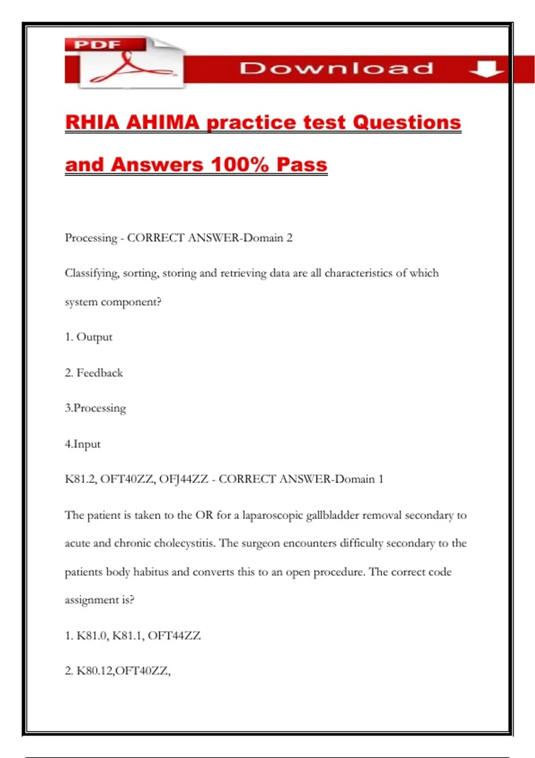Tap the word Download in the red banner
[x=337, y=68]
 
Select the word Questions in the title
[x=407, y=123]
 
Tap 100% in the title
[x=240, y=165]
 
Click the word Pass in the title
[x=302, y=165]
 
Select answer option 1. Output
[x=89, y=337]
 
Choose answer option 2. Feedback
[x=94, y=373]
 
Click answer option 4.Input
[x=83, y=444]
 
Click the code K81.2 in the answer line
[x=81, y=479]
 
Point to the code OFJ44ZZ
[x=183, y=479]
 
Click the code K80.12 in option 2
[x=95, y=671]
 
